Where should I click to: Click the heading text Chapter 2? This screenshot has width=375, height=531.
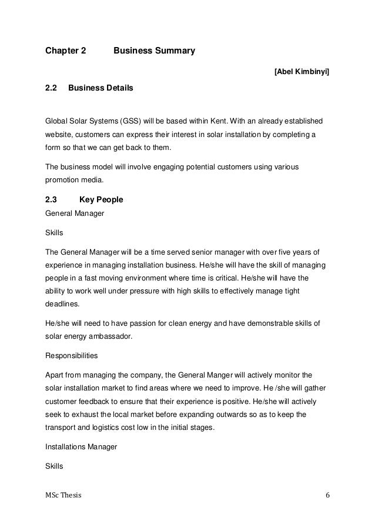click(x=66, y=51)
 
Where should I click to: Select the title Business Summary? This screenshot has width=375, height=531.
click(x=154, y=51)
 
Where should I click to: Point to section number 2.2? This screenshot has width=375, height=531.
click(x=51, y=88)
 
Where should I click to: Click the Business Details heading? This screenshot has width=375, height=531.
click(x=101, y=88)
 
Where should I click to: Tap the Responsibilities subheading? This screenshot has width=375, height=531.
click(x=72, y=356)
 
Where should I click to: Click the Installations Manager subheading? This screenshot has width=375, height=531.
click(x=81, y=447)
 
